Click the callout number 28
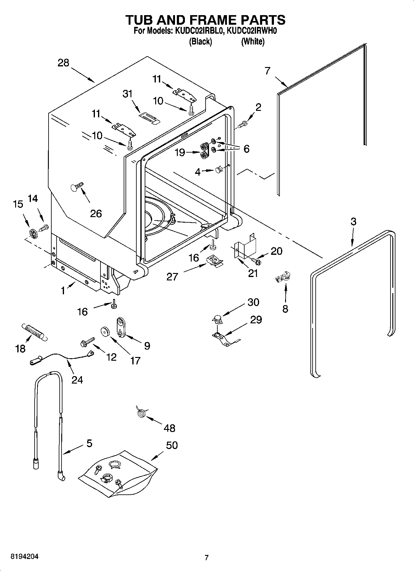63,63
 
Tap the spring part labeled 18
34,332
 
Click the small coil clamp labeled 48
142,413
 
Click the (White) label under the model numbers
253,41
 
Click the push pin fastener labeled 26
77,187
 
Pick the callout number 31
127,94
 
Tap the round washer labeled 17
105,331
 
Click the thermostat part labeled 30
217,319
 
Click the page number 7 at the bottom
207,557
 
